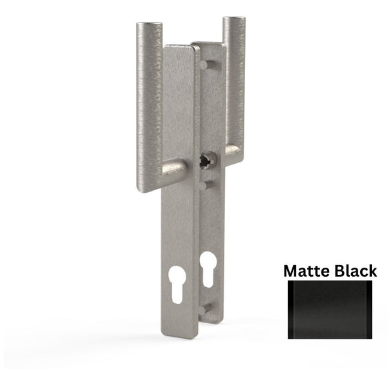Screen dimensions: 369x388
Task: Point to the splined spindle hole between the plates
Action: [x=206, y=160]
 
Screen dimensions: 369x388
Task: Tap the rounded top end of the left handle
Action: [x=150, y=27]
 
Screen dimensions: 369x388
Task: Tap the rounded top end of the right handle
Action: [x=233, y=20]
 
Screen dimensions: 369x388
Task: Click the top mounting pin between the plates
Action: [x=203, y=65]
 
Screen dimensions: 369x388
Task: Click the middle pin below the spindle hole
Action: [x=203, y=185]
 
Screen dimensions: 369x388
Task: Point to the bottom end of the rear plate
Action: [x=210, y=321]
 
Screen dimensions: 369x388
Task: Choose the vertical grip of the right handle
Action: [x=234, y=84]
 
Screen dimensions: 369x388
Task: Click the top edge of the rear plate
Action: [x=208, y=44]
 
